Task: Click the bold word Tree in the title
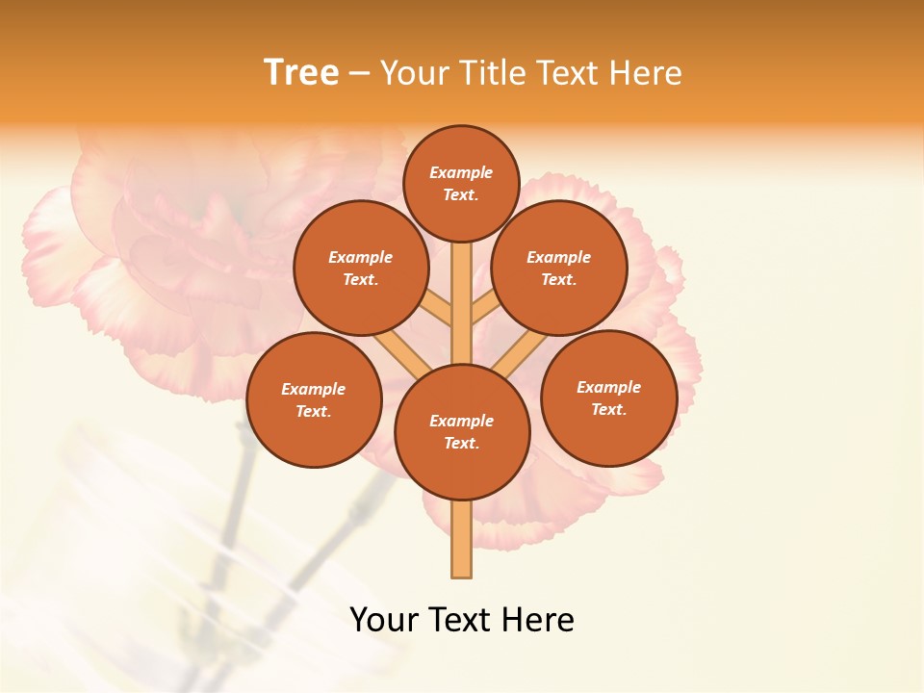point(301,73)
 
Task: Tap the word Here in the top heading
point(646,73)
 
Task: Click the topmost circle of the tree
point(461,183)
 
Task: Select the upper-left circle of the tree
point(361,268)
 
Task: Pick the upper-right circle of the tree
point(559,268)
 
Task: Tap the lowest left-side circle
point(314,399)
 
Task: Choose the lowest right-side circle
point(608,398)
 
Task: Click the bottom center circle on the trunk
point(462,432)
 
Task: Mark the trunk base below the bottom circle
point(462,539)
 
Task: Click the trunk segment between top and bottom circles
point(462,303)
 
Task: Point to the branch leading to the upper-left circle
point(439,310)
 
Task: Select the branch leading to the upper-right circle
point(484,310)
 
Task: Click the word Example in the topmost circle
point(461,173)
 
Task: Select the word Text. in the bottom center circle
point(461,444)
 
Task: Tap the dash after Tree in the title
point(360,73)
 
